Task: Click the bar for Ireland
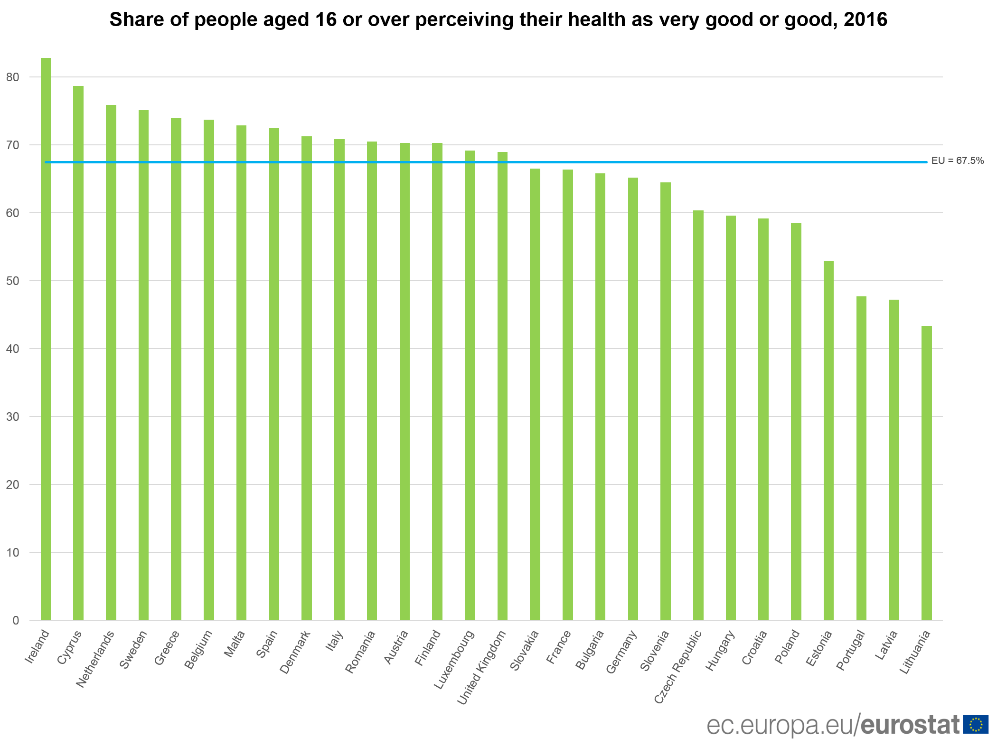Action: [x=46, y=339]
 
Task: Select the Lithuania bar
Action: [x=926, y=473]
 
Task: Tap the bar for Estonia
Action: [x=828, y=441]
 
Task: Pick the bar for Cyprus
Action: [x=78, y=353]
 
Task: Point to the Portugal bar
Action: [x=861, y=458]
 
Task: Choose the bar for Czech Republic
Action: [x=698, y=415]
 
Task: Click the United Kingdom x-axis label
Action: [x=481, y=667]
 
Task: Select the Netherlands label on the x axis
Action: [x=95, y=659]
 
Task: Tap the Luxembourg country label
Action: [x=454, y=660]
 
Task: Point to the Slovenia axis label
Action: [x=655, y=650]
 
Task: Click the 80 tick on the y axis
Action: [x=13, y=77]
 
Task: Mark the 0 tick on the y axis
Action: [x=16, y=620]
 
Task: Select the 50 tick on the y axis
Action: [x=13, y=281]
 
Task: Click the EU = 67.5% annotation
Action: [x=957, y=161]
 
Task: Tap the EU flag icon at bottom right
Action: [x=976, y=724]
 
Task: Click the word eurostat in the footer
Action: [x=910, y=725]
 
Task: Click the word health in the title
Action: [x=600, y=19]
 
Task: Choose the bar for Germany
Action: [x=633, y=399]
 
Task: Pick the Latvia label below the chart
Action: [x=886, y=644]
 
